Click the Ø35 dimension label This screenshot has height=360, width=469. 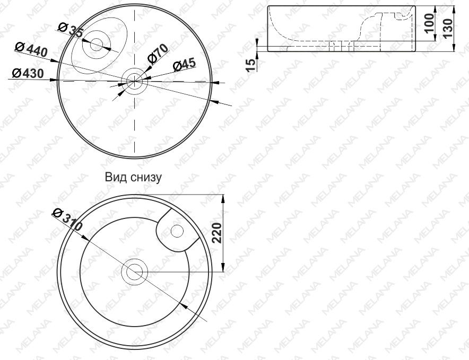tap(70, 30)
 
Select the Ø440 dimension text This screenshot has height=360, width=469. tap(31, 50)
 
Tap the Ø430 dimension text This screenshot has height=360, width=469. tap(28, 73)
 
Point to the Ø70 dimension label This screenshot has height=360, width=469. tap(158, 54)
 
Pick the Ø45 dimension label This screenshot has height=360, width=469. tap(185, 65)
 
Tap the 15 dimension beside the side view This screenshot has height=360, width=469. tap(251, 65)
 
